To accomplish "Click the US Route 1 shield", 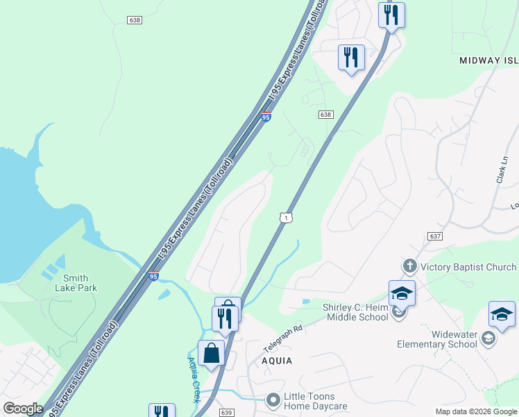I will tap(284, 218).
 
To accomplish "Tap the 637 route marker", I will tap(435, 236).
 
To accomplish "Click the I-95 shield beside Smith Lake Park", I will tap(153, 276).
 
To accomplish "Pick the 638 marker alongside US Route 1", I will tap(326, 115).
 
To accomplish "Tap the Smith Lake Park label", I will tap(76, 283).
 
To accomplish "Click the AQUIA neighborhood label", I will tap(276, 361).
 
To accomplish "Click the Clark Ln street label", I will tap(502, 170).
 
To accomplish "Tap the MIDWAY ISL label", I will tap(488, 60).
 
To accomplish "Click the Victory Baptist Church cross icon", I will tap(409, 266).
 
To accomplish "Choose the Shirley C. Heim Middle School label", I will tap(355, 313).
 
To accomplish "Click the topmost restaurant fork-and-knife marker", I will tap(391, 15).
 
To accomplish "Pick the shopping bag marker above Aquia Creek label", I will tap(211, 352).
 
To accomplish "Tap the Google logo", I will tap(23, 409).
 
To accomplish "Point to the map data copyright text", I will tap(476, 411).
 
